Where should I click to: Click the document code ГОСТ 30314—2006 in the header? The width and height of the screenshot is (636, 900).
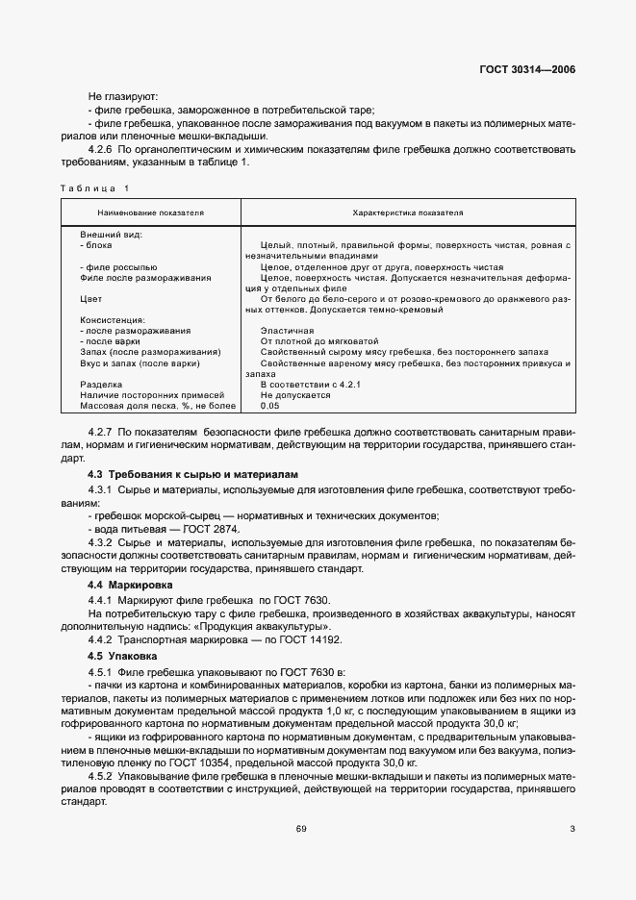527,70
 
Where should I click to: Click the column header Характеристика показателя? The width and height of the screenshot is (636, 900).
408,212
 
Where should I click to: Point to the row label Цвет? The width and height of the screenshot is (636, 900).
90,299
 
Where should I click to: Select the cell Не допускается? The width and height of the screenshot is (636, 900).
295,394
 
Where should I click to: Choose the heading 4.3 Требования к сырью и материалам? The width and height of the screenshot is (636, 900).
193,475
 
